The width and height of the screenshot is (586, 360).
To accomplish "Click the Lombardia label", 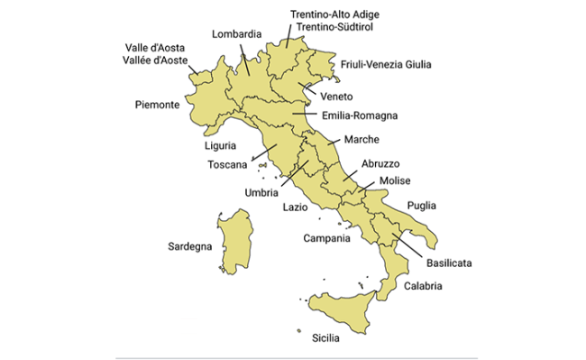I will [236, 34].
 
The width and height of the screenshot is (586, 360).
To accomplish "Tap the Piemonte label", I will [155, 104].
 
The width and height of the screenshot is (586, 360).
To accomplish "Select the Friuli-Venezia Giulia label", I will [386, 64].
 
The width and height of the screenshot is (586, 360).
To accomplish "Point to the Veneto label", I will [335, 97].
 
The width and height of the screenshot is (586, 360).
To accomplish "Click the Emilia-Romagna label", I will [360, 115].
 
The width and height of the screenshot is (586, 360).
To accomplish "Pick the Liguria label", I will [220, 144].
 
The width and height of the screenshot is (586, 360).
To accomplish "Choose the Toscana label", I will [226, 164].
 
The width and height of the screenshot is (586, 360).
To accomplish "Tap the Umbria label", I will [261, 192].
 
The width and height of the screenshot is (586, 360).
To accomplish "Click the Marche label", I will [361, 139].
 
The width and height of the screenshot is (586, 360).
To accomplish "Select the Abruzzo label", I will [380, 163].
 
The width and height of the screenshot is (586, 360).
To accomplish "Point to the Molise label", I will [395, 181].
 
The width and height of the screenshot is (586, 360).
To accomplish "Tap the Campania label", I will [326, 238].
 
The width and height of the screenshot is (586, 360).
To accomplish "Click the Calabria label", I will [423, 286].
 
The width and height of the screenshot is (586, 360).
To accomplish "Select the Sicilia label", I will [325, 338].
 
